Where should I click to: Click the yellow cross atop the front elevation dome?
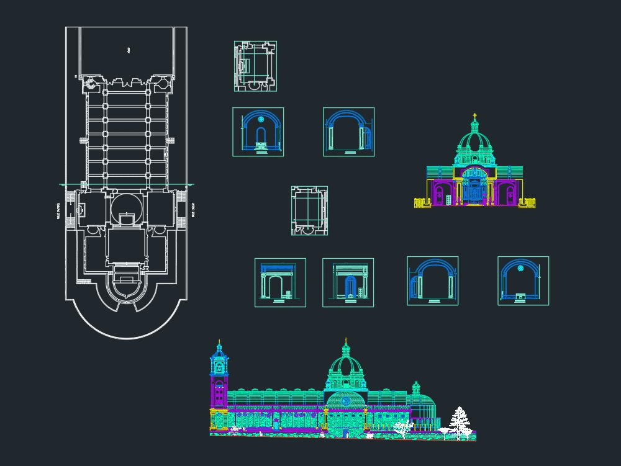click(475, 116)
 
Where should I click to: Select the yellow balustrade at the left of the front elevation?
click(422, 202)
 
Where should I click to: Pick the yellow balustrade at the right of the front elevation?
click(527, 202)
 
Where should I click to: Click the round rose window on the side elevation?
click(346, 401)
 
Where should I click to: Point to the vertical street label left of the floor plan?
click(59, 210)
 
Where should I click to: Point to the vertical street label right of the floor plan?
click(194, 209)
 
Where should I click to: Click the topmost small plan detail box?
click(255, 66)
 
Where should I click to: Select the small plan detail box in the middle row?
click(309, 211)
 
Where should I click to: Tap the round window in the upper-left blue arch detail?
click(261, 119)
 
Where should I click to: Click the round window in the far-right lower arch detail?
click(521, 268)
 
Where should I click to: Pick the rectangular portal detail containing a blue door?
click(348, 283)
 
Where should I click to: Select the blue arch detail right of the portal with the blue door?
click(433, 281)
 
